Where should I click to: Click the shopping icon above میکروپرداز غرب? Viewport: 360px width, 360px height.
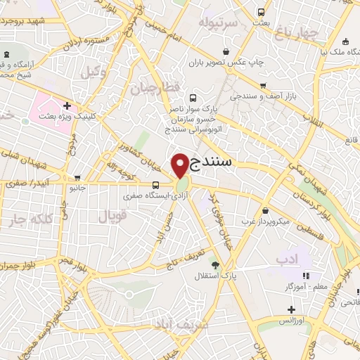265,210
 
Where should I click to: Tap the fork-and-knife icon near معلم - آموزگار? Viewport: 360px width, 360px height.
306,276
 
